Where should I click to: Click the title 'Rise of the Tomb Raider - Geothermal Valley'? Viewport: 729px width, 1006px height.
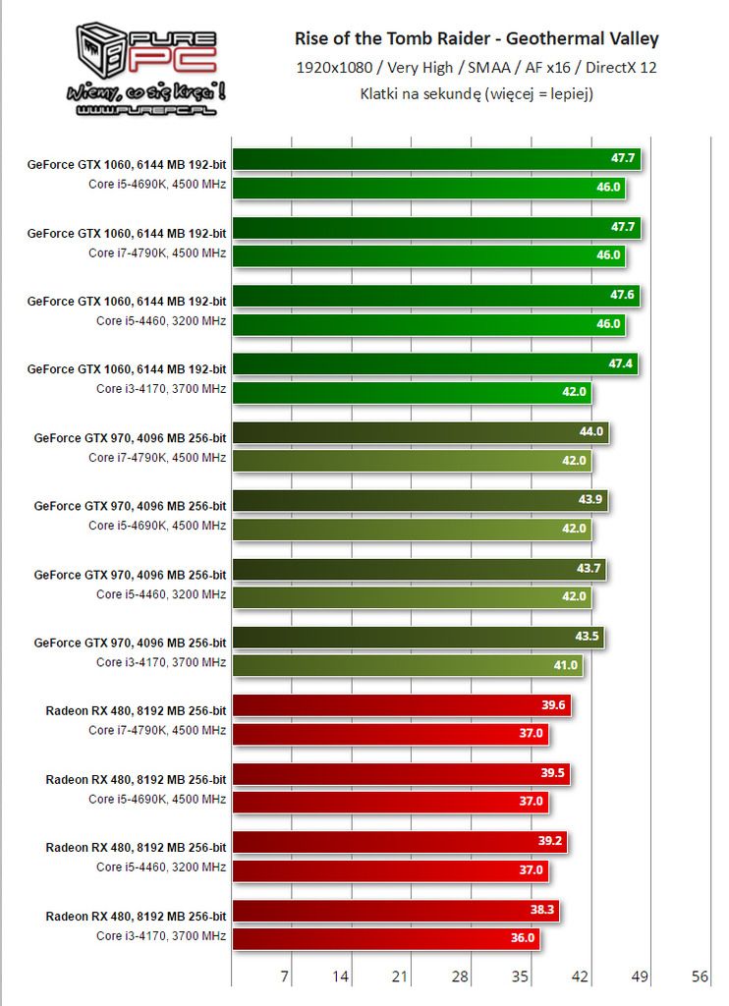coord(477,39)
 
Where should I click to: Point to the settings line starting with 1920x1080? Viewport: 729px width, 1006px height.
coord(477,68)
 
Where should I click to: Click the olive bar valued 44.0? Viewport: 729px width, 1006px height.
coord(421,432)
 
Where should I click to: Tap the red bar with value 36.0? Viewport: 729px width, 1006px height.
coord(386,938)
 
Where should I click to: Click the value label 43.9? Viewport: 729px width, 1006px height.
coord(590,500)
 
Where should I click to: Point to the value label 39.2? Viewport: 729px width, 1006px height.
coord(550,842)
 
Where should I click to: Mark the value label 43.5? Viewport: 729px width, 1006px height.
coord(588,637)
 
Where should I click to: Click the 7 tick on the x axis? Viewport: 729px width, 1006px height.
coord(285,978)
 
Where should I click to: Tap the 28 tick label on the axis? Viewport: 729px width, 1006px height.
coord(460,978)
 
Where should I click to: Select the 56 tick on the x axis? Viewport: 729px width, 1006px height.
coord(700,978)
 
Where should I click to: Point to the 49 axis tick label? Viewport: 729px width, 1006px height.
coord(640,978)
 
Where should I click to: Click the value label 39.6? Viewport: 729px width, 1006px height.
coord(554,705)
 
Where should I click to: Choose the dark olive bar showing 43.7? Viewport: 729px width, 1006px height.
coord(420,569)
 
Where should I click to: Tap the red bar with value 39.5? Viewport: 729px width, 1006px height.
coord(401,774)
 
